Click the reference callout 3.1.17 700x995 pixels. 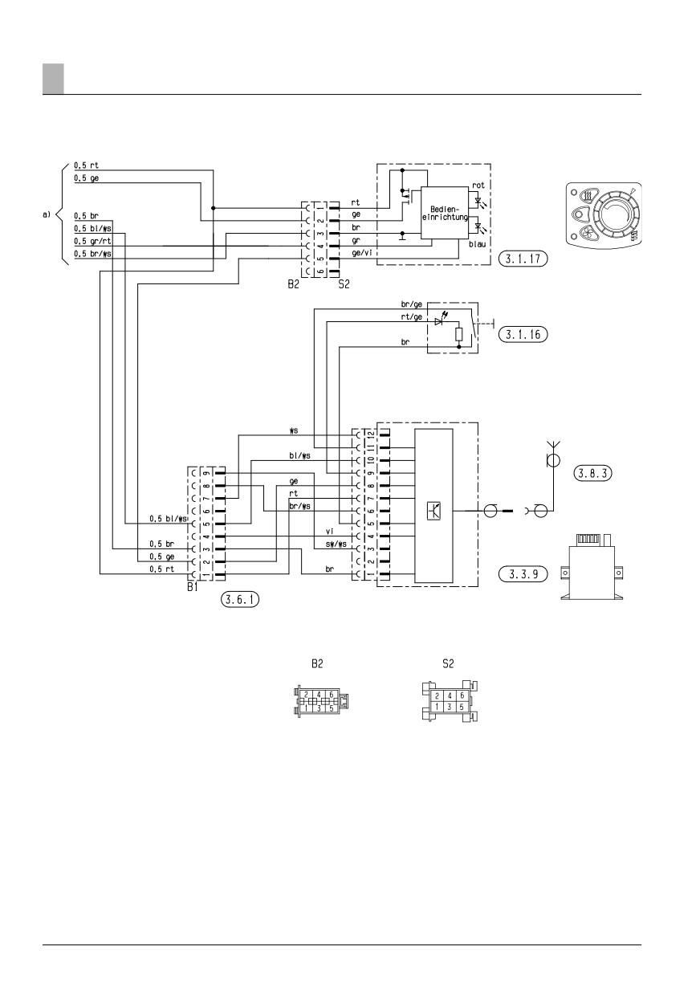click(x=523, y=259)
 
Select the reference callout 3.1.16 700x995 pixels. click(x=523, y=334)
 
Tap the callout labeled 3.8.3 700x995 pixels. click(x=592, y=473)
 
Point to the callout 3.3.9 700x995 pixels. click(x=523, y=574)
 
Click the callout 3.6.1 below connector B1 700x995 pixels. click(x=239, y=600)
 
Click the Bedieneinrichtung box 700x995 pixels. click(x=445, y=214)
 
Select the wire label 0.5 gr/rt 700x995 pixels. click(x=92, y=241)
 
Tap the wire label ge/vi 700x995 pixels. click(x=362, y=253)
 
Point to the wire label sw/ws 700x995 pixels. click(x=336, y=544)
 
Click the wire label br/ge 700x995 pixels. click(x=411, y=304)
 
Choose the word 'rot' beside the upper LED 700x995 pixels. click(x=478, y=185)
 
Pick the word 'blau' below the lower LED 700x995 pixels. click(x=477, y=244)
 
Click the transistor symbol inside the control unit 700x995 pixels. click(x=433, y=511)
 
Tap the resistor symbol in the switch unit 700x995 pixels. click(x=459, y=334)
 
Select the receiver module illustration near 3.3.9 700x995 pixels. click(x=592, y=567)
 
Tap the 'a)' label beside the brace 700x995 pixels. click(x=47, y=215)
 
